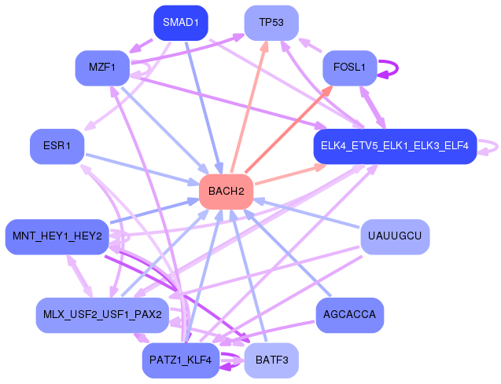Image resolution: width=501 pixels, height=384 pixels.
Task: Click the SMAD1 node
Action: [180, 23]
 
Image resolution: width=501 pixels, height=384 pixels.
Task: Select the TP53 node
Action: [271, 23]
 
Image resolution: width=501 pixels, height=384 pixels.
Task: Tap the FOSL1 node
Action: [350, 68]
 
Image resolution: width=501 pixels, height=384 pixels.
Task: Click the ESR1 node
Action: [57, 146]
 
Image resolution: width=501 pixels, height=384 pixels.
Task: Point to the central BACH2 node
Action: [226, 192]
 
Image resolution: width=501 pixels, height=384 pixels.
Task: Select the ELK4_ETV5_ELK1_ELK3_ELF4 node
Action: [394, 146]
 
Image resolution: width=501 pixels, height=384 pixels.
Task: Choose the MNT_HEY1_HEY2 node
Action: [57, 236]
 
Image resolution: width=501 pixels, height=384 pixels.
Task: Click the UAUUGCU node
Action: [396, 236]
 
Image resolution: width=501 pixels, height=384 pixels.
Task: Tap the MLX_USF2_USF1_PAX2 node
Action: [102, 315]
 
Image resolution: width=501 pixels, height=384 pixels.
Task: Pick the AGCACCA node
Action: [349, 315]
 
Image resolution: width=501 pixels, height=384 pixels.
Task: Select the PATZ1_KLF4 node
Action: [180, 360]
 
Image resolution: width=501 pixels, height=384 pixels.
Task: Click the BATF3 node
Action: [271, 360]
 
